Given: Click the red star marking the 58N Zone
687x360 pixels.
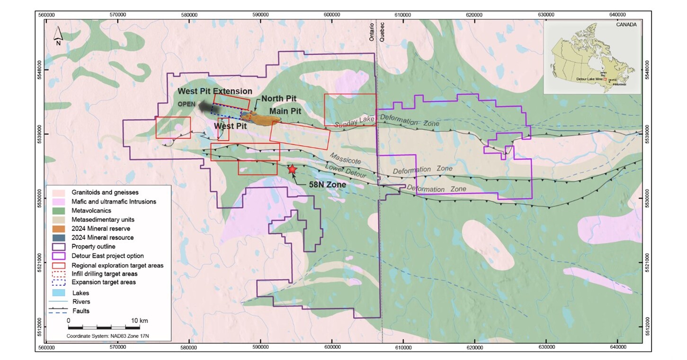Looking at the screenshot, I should tap(292, 169).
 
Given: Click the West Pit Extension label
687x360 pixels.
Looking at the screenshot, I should tap(215, 91).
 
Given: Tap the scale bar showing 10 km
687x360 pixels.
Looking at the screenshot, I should tap(104, 327).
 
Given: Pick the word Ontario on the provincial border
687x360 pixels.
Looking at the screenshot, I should tap(372, 32).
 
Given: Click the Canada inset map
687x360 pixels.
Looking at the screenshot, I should tap(591, 57).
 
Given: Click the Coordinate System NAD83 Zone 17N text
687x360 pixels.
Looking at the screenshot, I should tap(112, 336).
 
